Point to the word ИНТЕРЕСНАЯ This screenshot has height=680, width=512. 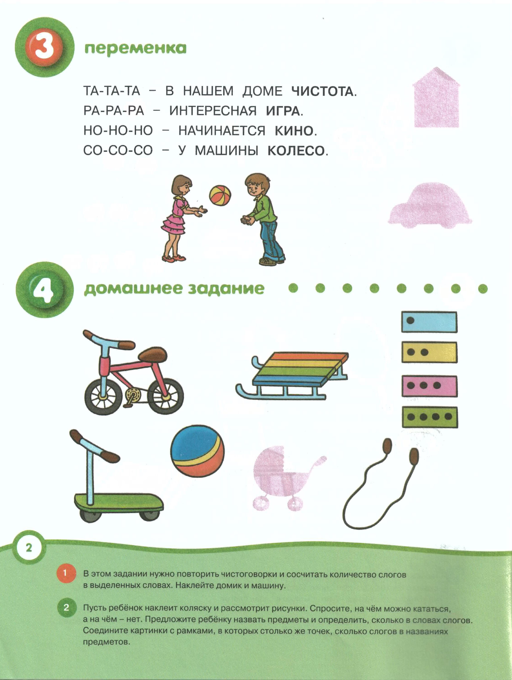(213, 111)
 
